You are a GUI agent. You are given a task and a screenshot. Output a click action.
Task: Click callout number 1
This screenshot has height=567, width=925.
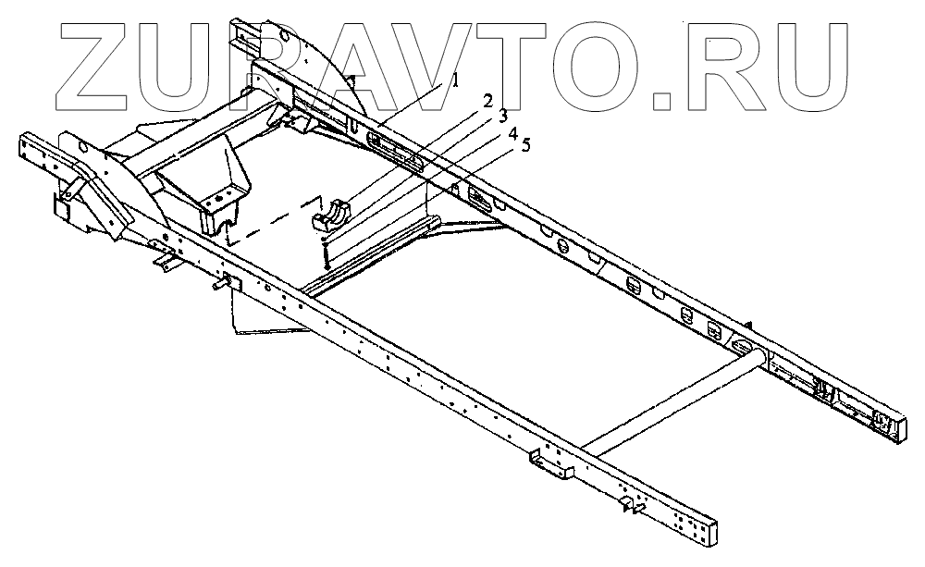pyautogui.click(x=455, y=81)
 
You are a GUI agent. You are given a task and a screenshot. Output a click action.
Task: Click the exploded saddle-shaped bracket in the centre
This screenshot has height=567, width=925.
pyautogui.click(x=331, y=216)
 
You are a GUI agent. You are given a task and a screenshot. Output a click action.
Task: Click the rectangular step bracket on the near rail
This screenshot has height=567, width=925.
pyautogui.click(x=551, y=465)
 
